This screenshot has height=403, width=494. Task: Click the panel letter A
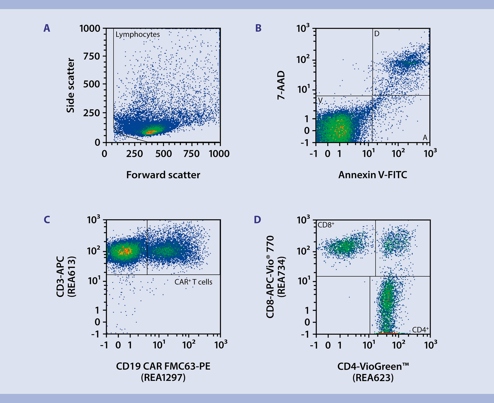(47, 28)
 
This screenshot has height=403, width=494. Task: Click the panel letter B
(258, 28)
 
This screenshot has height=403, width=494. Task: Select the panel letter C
(47, 220)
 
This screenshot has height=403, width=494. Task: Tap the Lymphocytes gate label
(138, 34)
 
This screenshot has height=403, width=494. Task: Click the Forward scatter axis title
(163, 175)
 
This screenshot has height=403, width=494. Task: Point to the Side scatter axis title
(71, 85)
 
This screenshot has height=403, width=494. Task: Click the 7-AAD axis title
(281, 85)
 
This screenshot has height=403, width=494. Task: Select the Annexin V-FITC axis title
(373, 175)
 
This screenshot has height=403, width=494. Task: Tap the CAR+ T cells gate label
(193, 282)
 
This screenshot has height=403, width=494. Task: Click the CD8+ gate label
(326, 225)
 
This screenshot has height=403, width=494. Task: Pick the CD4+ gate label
(420, 329)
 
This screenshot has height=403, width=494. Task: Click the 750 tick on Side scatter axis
(92, 56)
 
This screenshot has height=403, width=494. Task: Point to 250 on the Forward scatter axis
(134, 154)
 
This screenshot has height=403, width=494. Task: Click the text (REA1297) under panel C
(163, 378)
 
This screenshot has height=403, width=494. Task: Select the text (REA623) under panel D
(373, 378)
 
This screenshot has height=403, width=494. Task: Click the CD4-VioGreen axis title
(373, 366)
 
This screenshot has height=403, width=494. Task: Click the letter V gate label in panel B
(320, 101)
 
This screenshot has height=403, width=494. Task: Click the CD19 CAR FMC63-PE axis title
(163, 366)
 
